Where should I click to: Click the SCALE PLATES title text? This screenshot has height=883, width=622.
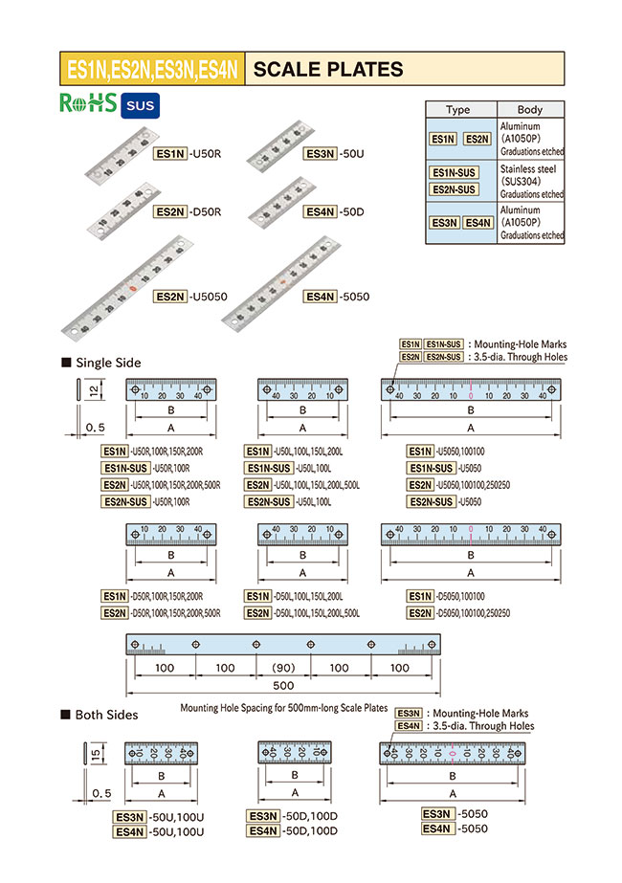point(328,69)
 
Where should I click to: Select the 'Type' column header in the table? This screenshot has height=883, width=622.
point(458,110)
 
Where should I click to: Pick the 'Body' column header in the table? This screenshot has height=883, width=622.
point(529,110)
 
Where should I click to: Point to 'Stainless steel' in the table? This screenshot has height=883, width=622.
point(527,168)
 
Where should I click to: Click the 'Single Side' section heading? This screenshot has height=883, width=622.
point(107,363)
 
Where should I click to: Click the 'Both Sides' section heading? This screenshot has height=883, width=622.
point(106,715)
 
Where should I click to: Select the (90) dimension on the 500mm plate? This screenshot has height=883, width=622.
point(283,668)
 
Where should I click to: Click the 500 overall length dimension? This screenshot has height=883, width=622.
point(283,687)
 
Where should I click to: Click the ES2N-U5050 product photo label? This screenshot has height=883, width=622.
point(190,298)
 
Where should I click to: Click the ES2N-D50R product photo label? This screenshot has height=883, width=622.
point(189,212)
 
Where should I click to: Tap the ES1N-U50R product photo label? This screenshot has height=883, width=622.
point(189,153)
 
